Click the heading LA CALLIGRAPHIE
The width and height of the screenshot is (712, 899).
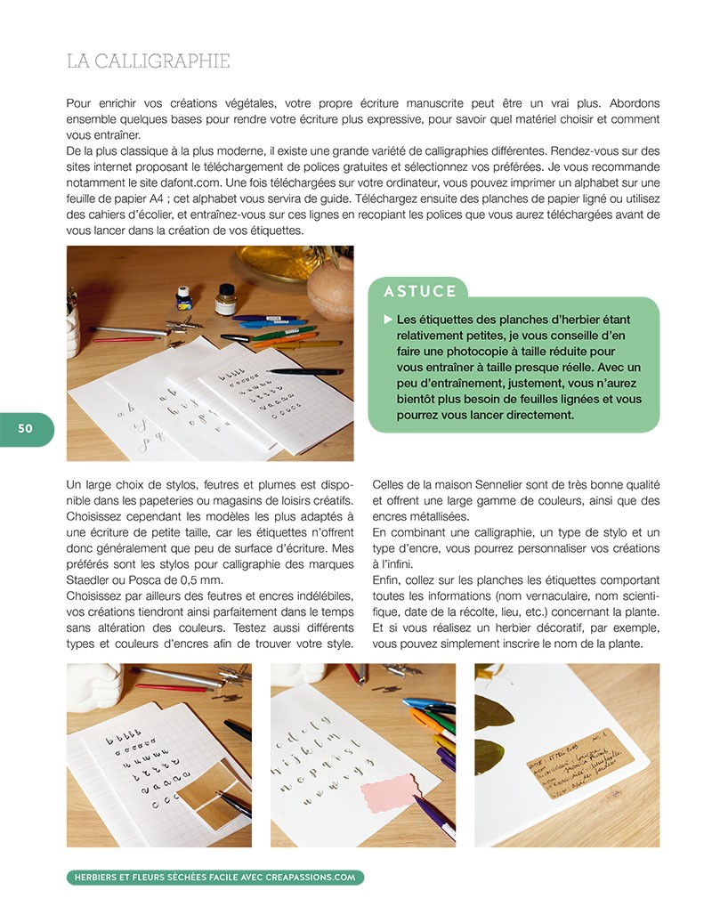[149, 61]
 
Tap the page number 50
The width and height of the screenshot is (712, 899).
[25, 428]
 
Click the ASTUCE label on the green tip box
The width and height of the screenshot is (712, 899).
[420, 291]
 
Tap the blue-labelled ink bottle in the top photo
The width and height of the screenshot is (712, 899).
[184, 298]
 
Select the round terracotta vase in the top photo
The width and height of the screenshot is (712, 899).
[330, 289]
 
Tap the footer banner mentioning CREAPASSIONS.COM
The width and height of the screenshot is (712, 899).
[214, 877]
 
